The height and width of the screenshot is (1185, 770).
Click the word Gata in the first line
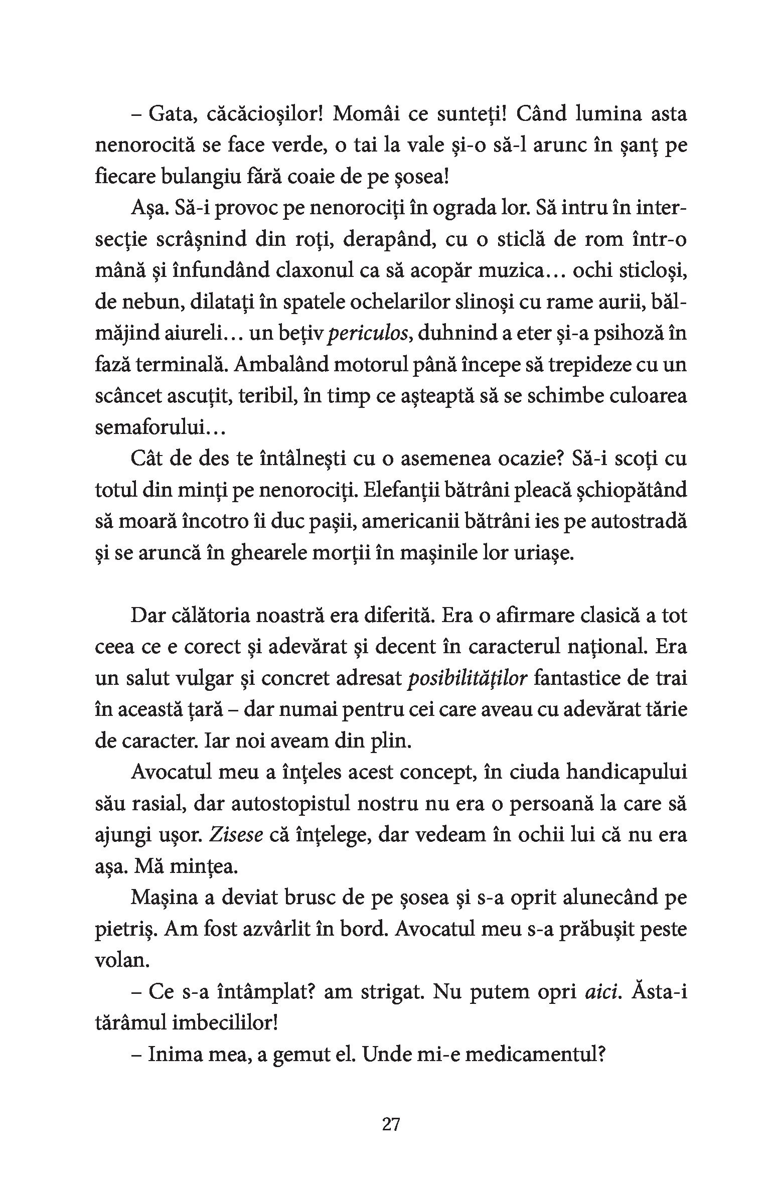tap(169, 115)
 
